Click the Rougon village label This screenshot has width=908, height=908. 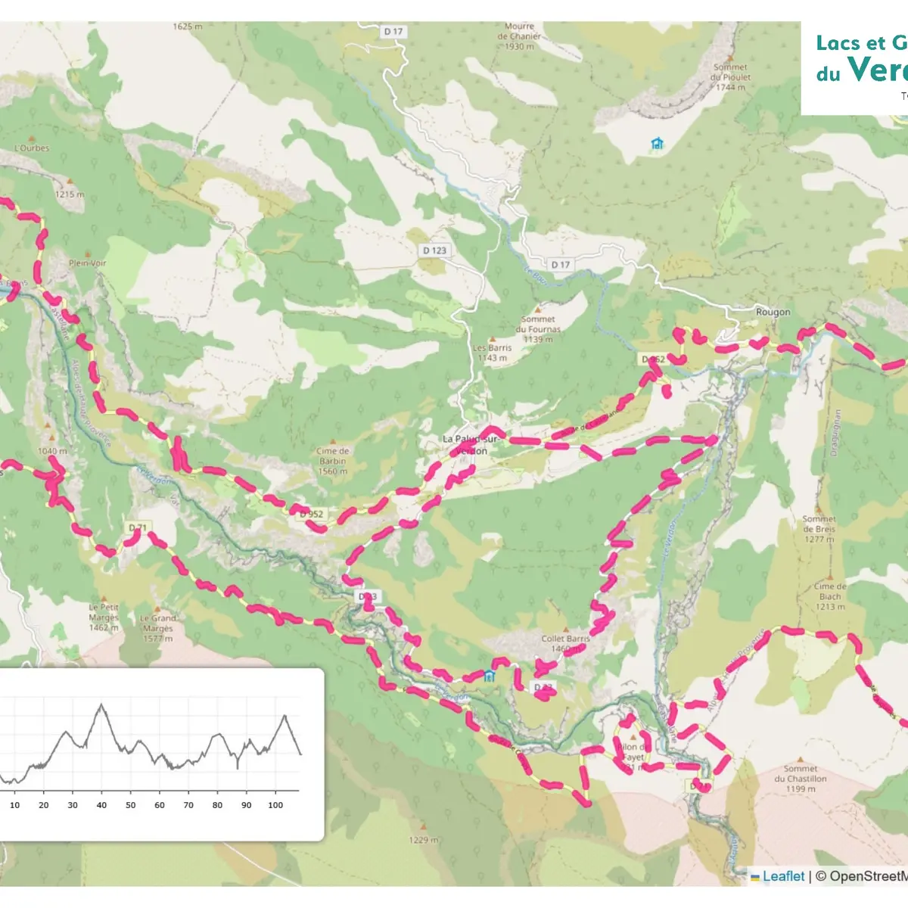tap(773, 312)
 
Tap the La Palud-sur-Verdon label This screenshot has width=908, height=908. tap(471, 444)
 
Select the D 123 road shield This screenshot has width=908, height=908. tap(434, 250)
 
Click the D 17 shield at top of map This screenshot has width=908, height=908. tap(393, 32)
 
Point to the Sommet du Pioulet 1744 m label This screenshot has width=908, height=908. tap(731, 77)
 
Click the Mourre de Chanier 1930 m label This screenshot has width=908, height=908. tap(519, 36)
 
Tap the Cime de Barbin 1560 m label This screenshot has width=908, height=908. tap(333, 461)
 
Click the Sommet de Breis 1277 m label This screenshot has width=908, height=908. tap(819, 528)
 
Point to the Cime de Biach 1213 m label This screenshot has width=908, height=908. tap(830, 596)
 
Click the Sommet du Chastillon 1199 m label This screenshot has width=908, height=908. tap(801, 778)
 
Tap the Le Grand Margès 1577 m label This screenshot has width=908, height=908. tap(157, 628)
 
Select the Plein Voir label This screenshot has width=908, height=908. tap(88, 263)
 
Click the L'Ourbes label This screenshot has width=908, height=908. tap(32, 148)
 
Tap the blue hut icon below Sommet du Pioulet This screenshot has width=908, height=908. tap(657, 143)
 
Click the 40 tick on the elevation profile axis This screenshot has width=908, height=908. tap(101, 805)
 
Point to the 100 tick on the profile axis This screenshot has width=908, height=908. tap(275, 805)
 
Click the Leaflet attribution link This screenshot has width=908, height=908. tap(783, 876)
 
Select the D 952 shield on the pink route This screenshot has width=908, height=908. tap(311, 514)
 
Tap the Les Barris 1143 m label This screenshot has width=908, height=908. tap(493, 353)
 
